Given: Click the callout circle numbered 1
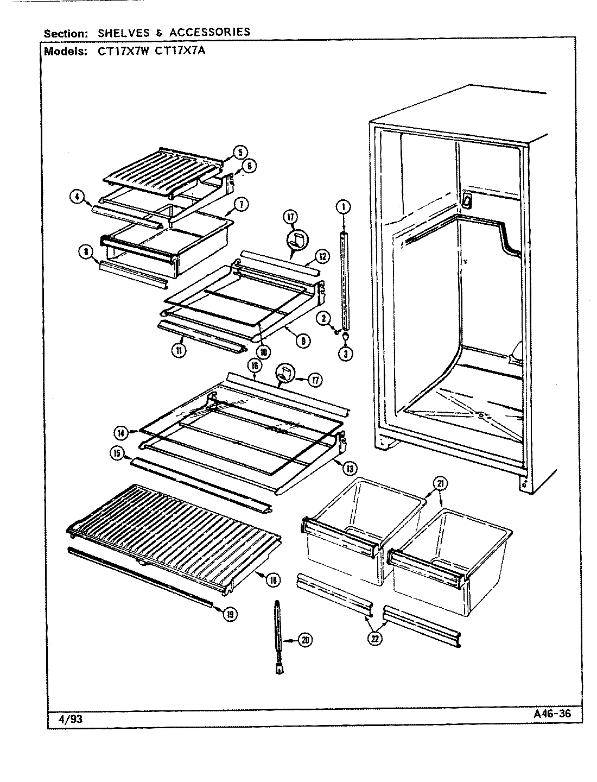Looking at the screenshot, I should click(x=343, y=206).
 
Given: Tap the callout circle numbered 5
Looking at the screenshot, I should click(x=240, y=152).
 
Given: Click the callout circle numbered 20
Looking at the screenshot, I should click(x=306, y=641).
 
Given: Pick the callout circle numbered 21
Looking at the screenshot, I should click(x=440, y=483).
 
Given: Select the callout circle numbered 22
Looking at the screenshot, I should click(x=374, y=638).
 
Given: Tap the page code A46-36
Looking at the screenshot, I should click(x=549, y=714).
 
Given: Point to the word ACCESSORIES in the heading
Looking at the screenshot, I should click(x=209, y=32).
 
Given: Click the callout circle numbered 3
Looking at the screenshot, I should click(x=346, y=353).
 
